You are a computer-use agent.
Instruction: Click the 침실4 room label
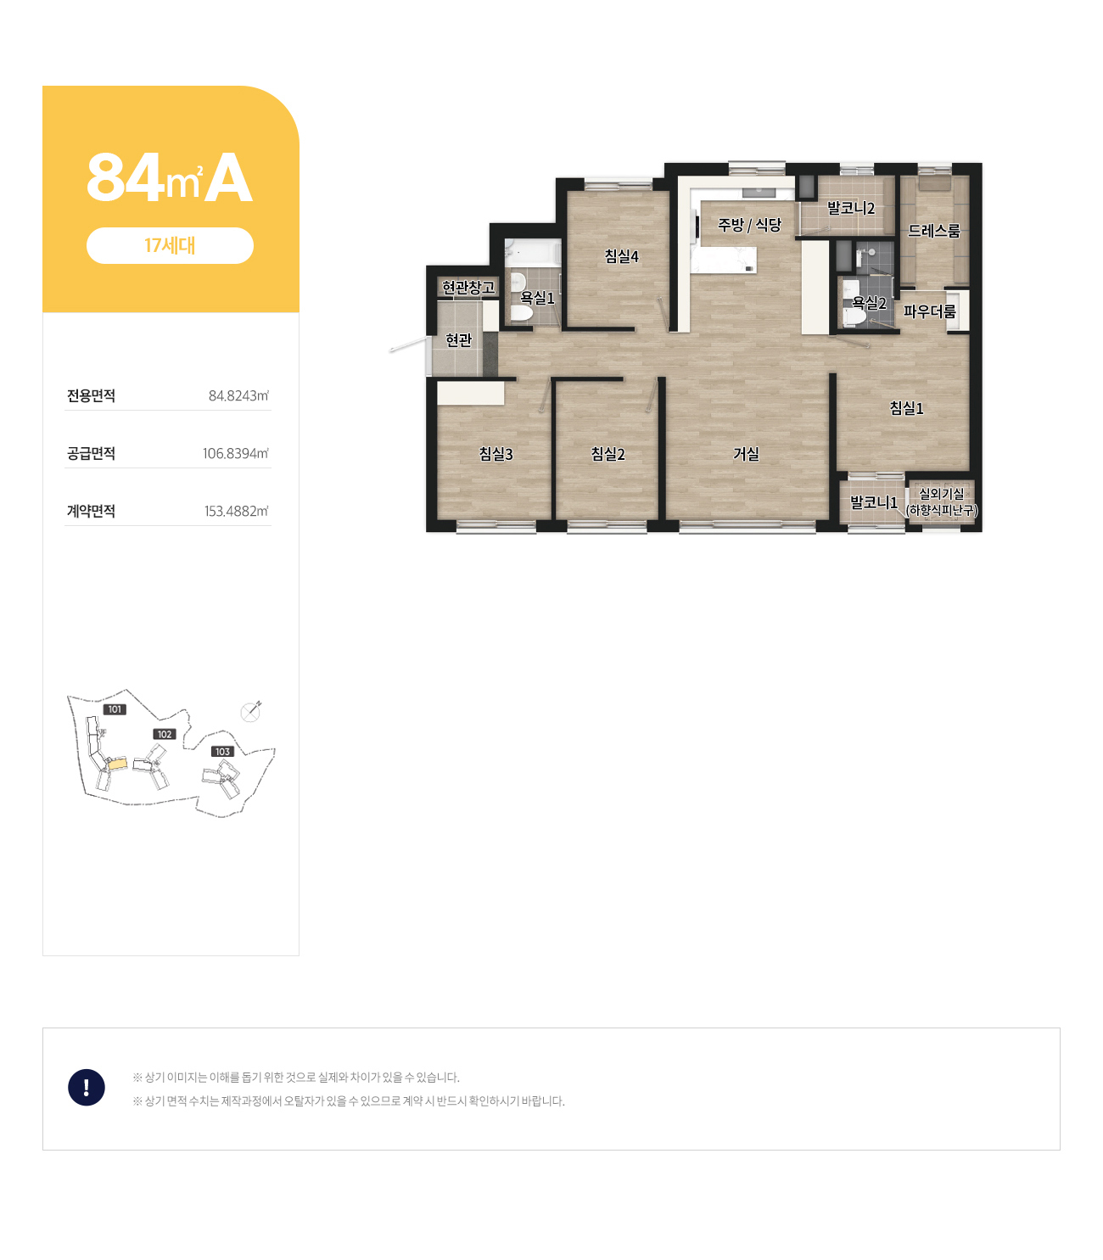coord(621,256)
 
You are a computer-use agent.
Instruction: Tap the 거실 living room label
coord(746,454)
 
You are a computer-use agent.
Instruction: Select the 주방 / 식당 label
coord(749,225)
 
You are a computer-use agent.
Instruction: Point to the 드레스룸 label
coord(933,231)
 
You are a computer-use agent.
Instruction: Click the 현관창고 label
coord(468,287)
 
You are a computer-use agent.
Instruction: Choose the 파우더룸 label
coord(929,311)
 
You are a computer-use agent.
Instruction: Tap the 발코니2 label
coord(850,208)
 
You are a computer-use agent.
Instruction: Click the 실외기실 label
coord(941,494)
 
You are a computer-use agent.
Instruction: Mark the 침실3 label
coord(496,454)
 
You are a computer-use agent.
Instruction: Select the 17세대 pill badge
coord(170,246)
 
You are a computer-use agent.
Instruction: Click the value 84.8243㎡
coord(238,395)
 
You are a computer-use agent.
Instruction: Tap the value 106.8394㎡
coord(235,453)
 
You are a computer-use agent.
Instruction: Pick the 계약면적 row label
coord(91,511)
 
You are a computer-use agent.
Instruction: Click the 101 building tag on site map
coord(115,709)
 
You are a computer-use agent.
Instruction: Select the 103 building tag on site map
coord(222,751)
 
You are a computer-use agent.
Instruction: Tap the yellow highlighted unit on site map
coord(117,764)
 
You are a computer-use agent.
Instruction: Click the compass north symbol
coord(250,712)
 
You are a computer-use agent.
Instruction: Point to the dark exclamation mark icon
coord(87,1087)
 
